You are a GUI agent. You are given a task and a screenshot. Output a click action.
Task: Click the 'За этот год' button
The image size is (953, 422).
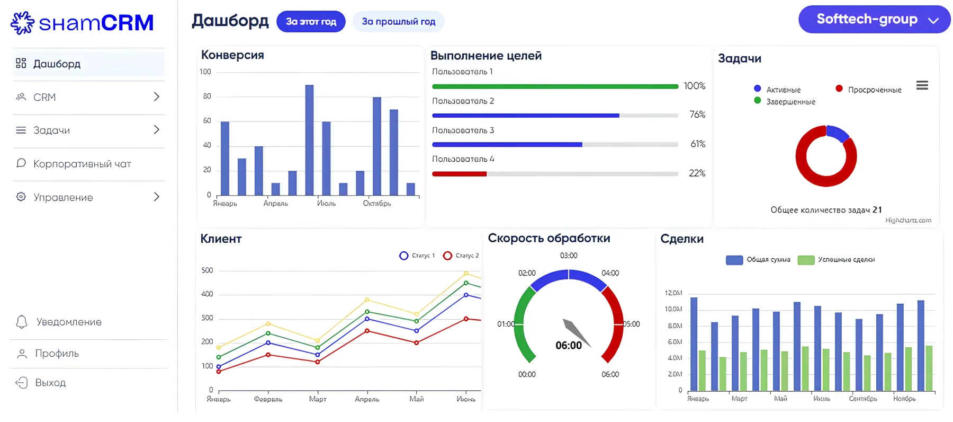pos(311,22)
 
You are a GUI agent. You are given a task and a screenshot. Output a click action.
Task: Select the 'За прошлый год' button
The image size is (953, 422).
pos(398,22)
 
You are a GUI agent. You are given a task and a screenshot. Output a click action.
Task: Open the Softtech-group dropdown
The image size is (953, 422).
pos(874,20)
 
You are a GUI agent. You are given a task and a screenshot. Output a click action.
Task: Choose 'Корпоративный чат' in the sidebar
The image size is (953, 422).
pos(82,164)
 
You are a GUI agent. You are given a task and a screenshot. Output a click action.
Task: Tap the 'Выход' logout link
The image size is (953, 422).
pos(50,383)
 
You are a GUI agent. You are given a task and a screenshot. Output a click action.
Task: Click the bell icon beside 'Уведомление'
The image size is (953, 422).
pos(22,322)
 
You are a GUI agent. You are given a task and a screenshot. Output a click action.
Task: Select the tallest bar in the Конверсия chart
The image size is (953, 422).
pos(309,140)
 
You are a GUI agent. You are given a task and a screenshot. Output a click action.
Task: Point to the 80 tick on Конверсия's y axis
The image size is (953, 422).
pos(206,96)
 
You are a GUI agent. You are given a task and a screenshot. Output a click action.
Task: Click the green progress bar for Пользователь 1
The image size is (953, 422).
pos(555,86)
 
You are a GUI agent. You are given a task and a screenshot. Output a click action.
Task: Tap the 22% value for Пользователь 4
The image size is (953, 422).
pos(697,173)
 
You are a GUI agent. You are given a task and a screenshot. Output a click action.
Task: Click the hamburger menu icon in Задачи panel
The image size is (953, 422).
pos(922,85)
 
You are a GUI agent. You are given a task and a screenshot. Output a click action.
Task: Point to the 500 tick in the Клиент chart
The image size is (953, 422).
pos(207,270)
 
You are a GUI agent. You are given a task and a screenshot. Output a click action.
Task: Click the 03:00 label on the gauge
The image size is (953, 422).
pos(569,256)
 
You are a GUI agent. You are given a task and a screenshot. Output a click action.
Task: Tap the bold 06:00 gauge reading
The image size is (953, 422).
pos(569,346)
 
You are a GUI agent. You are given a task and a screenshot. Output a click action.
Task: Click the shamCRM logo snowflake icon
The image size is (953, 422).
pos(23,23)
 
